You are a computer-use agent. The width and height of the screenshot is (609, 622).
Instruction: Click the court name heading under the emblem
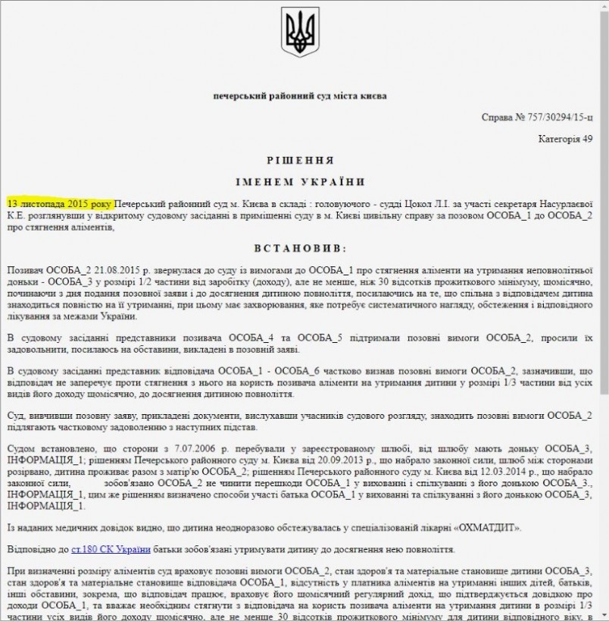tap(300, 97)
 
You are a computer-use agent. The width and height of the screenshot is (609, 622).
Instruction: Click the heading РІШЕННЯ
tap(300, 162)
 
